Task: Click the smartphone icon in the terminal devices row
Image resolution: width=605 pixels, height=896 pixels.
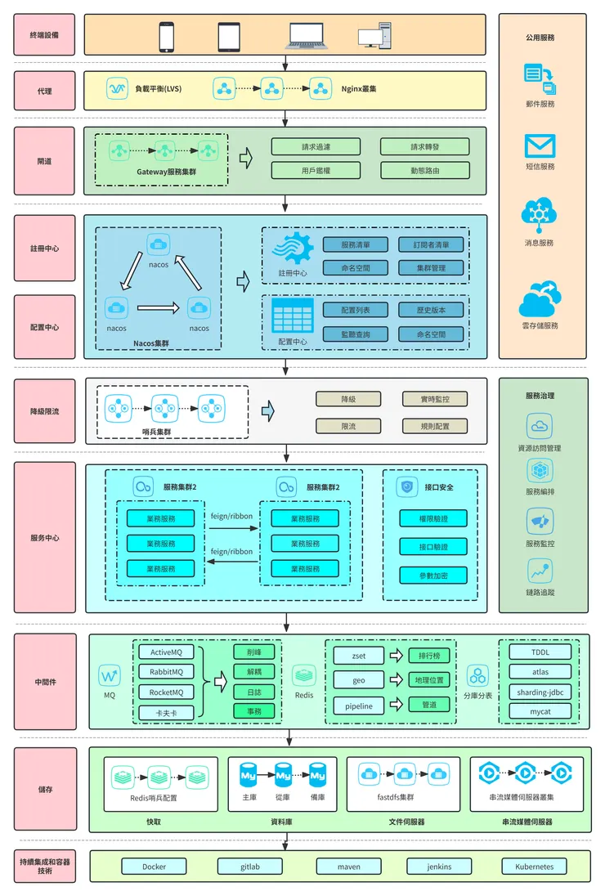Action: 167,36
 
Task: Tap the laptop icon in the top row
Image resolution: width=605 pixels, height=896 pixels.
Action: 306,35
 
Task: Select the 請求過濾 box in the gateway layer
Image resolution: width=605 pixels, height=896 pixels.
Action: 316,147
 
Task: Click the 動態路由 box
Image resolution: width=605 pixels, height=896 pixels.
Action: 424,171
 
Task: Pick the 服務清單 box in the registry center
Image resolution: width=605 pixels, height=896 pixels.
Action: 355,244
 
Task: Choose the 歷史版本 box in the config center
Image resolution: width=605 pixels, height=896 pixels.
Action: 431,310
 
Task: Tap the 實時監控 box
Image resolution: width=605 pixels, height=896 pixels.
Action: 434,399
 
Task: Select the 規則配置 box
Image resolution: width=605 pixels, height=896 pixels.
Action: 434,426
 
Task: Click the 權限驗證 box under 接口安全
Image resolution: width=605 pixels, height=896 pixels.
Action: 432,518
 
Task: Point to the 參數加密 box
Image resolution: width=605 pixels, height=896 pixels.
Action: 432,576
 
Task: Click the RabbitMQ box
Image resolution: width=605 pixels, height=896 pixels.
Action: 167,672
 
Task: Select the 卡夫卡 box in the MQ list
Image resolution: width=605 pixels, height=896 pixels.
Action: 167,713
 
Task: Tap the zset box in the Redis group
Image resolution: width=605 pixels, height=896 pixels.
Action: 358,656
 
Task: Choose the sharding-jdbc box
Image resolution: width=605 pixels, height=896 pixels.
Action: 540,692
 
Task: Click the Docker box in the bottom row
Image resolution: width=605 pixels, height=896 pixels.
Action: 154,867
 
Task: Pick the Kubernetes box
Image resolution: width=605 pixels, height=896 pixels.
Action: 534,867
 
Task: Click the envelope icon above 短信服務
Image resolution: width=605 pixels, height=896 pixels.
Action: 540,146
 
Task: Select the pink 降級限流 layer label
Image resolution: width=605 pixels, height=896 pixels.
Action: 44,410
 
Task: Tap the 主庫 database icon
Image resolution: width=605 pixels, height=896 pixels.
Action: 249,773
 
